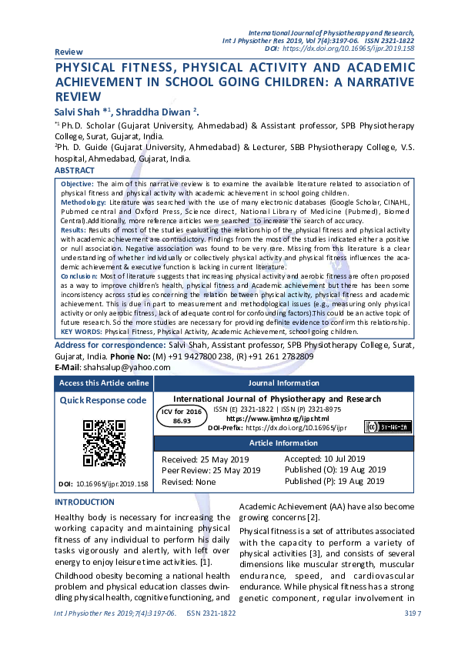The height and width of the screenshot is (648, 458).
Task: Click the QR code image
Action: pos(105,444)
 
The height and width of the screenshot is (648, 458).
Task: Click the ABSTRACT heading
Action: pos(75,170)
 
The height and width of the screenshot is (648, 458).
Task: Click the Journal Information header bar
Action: pos(284,383)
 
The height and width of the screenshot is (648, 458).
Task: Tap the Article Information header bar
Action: pos(284,444)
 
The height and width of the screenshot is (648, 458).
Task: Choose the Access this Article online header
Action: pos(105,383)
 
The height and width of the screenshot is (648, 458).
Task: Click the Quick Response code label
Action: pos(103,400)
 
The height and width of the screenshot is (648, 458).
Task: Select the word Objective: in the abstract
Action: pos(77,185)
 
